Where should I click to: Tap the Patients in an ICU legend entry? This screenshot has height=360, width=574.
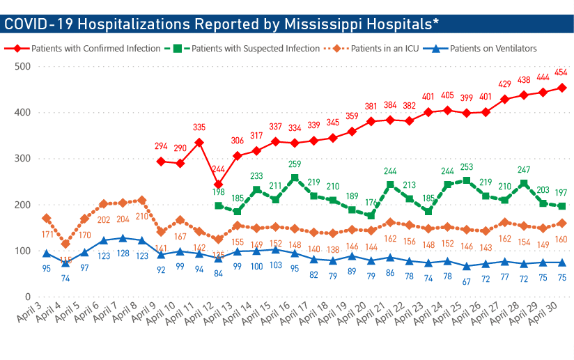click(385, 49)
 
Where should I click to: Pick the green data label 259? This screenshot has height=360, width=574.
click(295, 164)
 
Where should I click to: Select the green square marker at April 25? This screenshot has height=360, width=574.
click(466, 180)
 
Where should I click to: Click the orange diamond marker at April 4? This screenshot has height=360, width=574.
click(65, 244)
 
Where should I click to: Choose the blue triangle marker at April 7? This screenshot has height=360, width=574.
click(123, 238)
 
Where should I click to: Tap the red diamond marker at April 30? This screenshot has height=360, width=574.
click(561, 88)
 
